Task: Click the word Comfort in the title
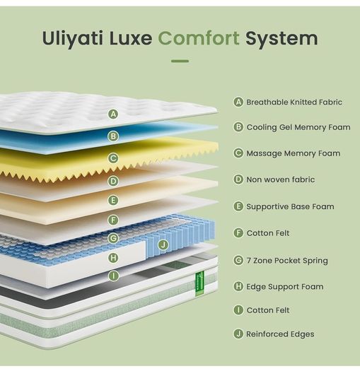pyautogui.click(x=199, y=38)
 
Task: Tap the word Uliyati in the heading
pyautogui.click(x=73, y=39)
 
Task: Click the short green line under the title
pyautogui.click(x=180, y=61)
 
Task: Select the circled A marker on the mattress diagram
pyautogui.click(x=113, y=114)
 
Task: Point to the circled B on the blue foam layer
pyautogui.click(x=113, y=136)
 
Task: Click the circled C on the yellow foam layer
pyautogui.click(x=113, y=158)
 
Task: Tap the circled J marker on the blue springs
pyautogui.click(x=163, y=245)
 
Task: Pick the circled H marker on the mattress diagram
pyautogui.click(x=113, y=258)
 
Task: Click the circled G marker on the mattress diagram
pyautogui.click(x=113, y=238)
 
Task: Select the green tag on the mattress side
pyautogui.click(x=199, y=284)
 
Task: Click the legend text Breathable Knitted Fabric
pyautogui.click(x=294, y=102)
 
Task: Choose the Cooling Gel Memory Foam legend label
pyautogui.click(x=298, y=127)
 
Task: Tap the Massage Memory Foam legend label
pyautogui.click(x=294, y=153)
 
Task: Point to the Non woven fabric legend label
pyautogui.click(x=281, y=179)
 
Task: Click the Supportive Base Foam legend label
pyautogui.click(x=290, y=206)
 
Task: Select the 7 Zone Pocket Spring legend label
pyautogui.click(x=287, y=261)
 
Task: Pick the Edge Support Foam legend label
pyautogui.click(x=285, y=287)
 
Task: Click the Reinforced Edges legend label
pyautogui.click(x=280, y=334)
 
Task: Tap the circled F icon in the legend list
pyautogui.click(x=238, y=232)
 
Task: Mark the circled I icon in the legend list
pyautogui.click(x=238, y=310)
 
